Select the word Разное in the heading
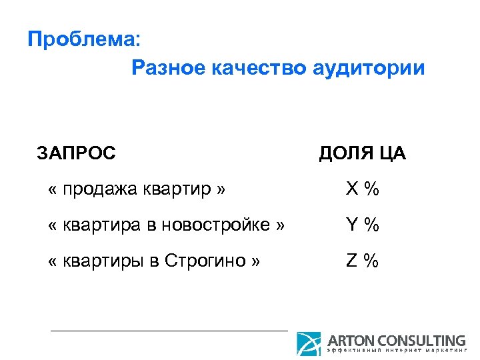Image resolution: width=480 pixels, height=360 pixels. coord(167,68)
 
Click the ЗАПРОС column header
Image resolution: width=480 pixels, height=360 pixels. coord(76,153)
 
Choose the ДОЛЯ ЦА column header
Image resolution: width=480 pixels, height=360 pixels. coord(362,153)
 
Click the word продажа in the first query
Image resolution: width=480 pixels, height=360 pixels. coord(99,189)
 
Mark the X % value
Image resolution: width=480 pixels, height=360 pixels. coord(362,189)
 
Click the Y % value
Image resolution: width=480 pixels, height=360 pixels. coord(362,225)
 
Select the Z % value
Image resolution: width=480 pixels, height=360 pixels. coord(362,261)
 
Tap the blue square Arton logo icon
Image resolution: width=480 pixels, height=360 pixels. coord(309,343)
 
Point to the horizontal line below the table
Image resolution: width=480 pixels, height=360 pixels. coord(169,330)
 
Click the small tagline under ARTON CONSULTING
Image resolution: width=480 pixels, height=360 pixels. coord(396,351)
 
